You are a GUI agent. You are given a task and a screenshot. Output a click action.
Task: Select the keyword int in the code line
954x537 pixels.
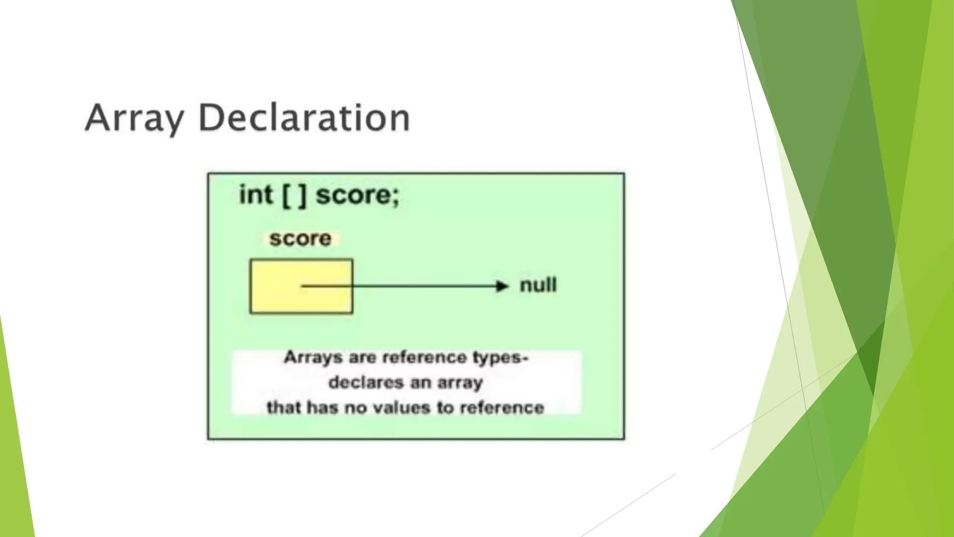[256, 195]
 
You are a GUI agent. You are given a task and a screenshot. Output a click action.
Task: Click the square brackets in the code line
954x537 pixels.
[294, 195]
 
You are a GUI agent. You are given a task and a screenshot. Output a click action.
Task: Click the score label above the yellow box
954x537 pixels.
[300, 239]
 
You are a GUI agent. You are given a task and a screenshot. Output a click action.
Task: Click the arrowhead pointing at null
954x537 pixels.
[502, 286]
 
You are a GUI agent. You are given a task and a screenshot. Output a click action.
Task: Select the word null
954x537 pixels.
[538, 285]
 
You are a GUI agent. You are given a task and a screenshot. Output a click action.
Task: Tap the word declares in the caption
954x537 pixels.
[366, 383]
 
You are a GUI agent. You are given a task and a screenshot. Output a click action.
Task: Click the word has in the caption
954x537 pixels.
[322, 408]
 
